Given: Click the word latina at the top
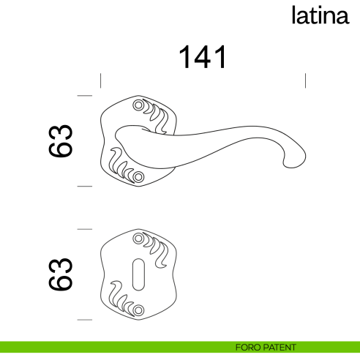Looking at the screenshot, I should pyautogui.click(x=320, y=15).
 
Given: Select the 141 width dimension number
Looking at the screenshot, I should pyautogui.click(x=203, y=58).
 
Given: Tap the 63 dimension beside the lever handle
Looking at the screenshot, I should pyautogui.click(x=62, y=140).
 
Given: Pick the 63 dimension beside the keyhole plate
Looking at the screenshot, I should pyautogui.click(x=62, y=274).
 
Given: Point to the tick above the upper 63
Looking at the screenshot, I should pyautogui.click(x=85, y=96).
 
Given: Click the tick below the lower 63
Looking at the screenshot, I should pyautogui.click(x=85, y=320).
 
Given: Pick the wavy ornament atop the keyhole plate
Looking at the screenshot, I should pyautogui.click(x=158, y=247).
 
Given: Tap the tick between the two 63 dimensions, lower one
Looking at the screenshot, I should pyautogui.click(x=85, y=228).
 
